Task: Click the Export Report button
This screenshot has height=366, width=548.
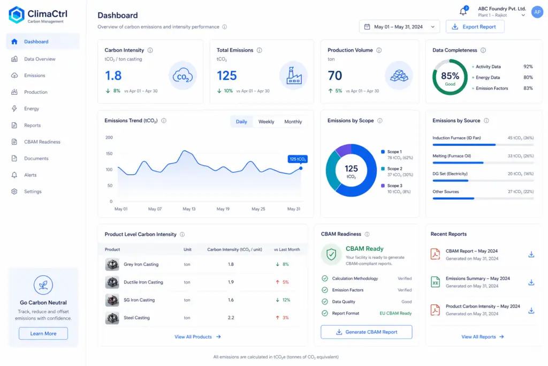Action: click(475, 27)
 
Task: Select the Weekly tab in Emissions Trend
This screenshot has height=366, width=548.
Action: click(266, 122)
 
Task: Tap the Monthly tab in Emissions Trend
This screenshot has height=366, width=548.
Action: click(293, 122)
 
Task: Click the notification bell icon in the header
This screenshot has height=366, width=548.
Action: click(463, 11)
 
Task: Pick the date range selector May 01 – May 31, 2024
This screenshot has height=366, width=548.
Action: click(399, 27)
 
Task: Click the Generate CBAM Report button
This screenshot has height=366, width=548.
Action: click(366, 332)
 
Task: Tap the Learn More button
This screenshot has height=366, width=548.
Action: click(43, 333)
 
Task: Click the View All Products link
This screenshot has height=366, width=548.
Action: click(197, 337)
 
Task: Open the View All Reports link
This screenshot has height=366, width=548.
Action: click(482, 337)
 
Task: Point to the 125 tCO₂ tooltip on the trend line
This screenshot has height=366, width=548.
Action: click(298, 159)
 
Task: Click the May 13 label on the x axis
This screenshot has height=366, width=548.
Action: click(189, 209)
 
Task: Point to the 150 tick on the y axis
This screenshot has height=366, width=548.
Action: click(109, 154)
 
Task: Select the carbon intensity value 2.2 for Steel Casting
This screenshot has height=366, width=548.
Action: click(231, 318)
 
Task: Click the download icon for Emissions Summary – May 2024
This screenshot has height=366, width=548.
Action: click(531, 282)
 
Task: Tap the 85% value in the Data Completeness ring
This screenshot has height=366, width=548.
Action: click(450, 76)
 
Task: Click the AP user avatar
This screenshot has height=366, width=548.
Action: click(537, 12)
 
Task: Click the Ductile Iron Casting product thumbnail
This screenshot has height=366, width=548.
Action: click(112, 282)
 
